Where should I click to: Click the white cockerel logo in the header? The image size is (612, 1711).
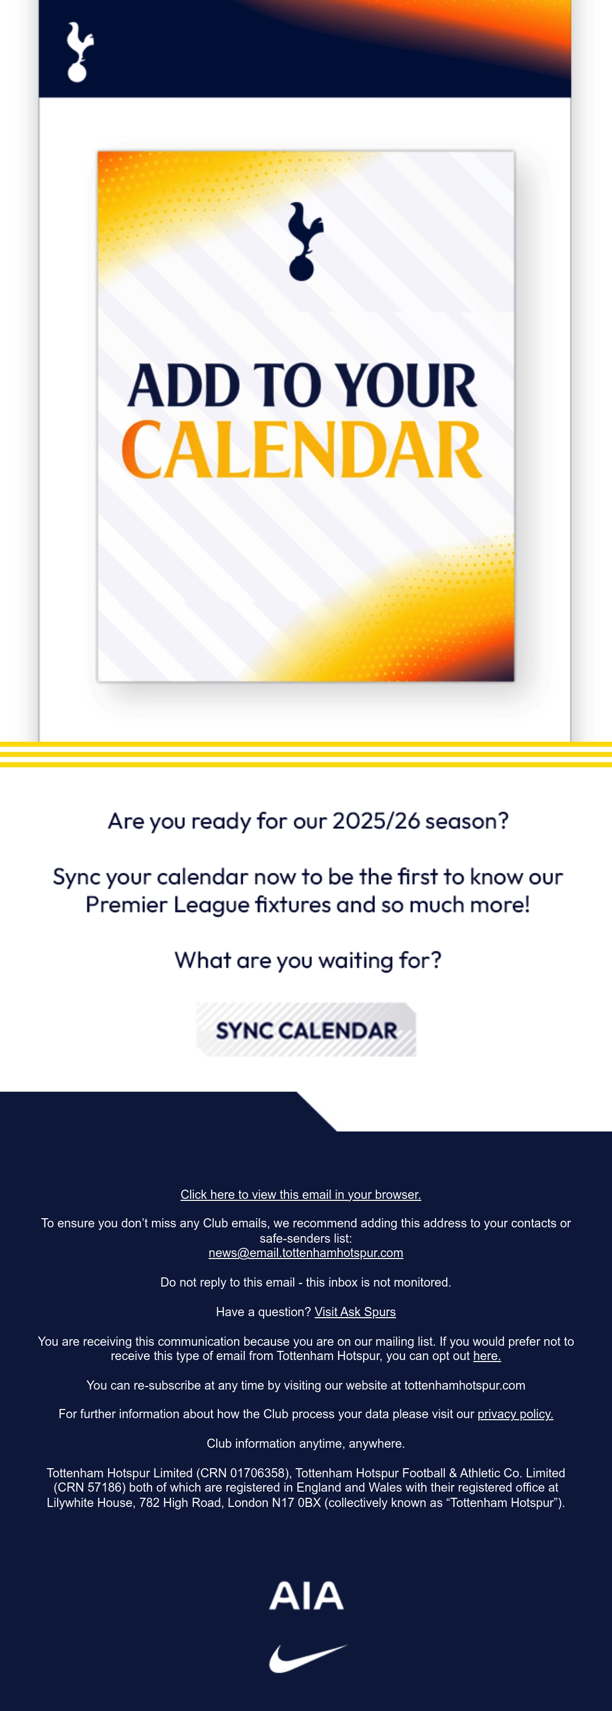[x=79, y=53]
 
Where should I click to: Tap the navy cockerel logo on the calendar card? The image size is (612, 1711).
[x=304, y=241]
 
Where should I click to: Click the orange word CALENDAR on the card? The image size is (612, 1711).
[x=302, y=449]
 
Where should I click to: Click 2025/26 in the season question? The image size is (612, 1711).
[x=376, y=821]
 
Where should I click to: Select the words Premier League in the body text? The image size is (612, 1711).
[x=167, y=904]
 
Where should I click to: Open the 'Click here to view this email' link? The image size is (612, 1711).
[x=301, y=1194]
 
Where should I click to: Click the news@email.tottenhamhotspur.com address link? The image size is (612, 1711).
[x=306, y=1253]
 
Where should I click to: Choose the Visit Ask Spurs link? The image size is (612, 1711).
[x=355, y=1312]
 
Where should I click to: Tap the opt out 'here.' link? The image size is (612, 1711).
[x=487, y=1355]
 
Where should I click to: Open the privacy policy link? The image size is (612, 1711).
[x=515, y=1414]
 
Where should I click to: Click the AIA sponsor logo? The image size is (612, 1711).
[x=307, y=1595]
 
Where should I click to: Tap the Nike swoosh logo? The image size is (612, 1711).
[x=308, y=1658]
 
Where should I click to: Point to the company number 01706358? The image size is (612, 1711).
[x=258, y=1473]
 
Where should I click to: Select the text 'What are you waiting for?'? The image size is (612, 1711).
[x=308, y=961]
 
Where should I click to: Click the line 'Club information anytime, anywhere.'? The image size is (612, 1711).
[x=306, y=1443]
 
